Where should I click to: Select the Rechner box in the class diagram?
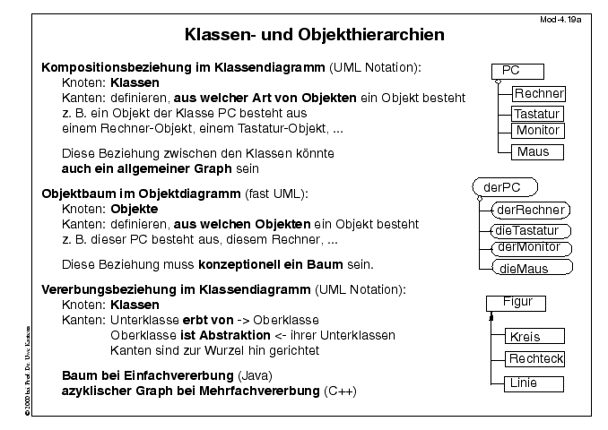[538, 93]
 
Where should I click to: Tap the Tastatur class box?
[536, 114]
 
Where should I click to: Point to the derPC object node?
[504, 187]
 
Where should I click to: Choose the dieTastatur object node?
[533, 230]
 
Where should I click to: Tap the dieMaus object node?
[533, 268]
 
